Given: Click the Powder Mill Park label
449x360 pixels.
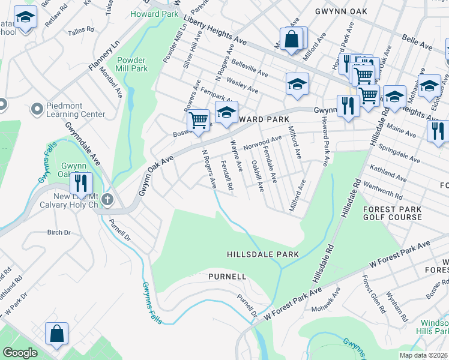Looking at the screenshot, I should coord(131,64).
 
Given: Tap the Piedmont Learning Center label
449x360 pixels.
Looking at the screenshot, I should coord(76,110).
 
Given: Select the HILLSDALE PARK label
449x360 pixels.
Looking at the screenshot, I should coord(263,254).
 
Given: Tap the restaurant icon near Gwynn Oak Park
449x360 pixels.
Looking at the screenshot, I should coord(81,183).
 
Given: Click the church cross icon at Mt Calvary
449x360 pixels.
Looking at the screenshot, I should coord(107,200).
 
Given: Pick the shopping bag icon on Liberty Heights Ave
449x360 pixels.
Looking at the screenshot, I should coord(291,40).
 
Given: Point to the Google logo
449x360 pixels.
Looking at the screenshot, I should coord(20,353).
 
